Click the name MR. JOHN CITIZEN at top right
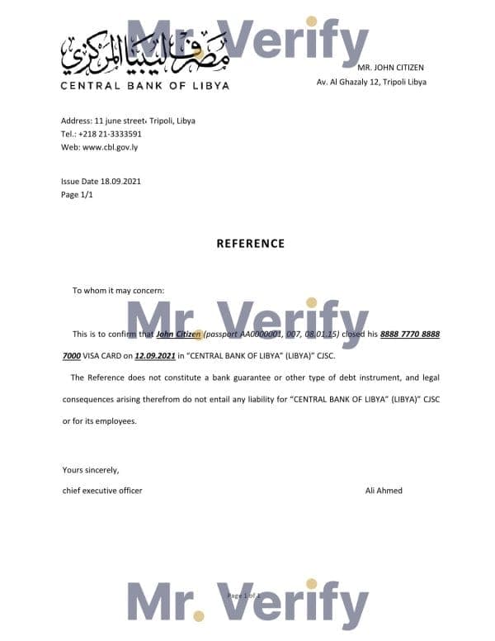click(391, 67)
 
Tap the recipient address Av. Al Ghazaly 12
click(371, 82)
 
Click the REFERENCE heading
click(250, 244)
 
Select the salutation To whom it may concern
click(119, 290)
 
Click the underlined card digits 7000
click(71, 356)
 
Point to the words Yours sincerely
click(91, 470)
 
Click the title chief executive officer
click(102, 491)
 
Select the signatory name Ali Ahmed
click(384, 491)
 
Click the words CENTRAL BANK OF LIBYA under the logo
click(144, 85)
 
